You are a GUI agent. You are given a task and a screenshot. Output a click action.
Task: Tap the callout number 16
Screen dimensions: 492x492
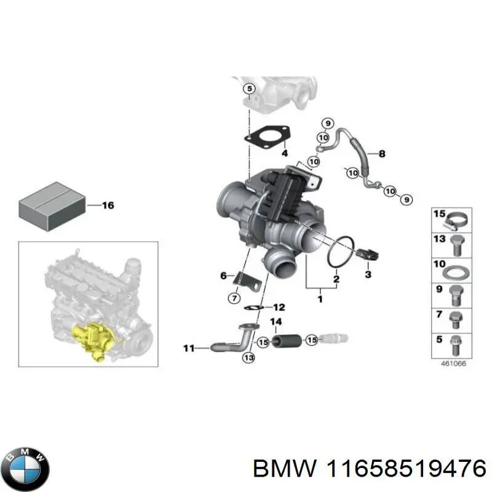[x=107, y=205]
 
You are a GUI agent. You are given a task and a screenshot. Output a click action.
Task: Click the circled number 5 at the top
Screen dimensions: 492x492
[x=248, y=90]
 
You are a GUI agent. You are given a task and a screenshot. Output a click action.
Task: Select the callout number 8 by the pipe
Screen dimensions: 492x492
[x=382, y=154]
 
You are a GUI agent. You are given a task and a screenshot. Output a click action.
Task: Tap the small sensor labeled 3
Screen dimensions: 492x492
[x=368, y=253]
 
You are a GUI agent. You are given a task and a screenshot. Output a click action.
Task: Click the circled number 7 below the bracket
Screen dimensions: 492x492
[x=234, y=298]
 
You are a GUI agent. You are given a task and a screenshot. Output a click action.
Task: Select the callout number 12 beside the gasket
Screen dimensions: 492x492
[x=279, y=307]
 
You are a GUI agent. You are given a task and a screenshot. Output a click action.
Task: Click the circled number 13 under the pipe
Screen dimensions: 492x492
[x=248, y=358]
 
